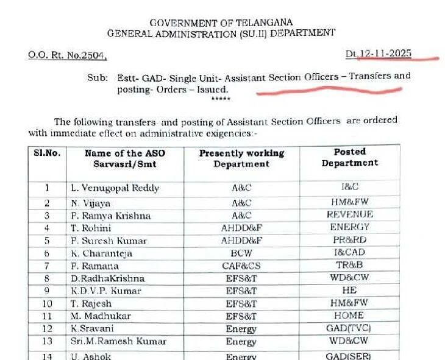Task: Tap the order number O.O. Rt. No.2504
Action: coord(67,55)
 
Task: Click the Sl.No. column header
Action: coord(46,153)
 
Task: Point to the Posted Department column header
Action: coord(350,157)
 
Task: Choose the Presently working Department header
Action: coord(241,158)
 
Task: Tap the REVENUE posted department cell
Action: coord(349,215)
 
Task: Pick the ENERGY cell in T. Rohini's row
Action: coord(349,227)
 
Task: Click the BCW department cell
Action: coord(241,253)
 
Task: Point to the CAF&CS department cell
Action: coord(241,266)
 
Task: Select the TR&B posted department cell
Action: coord(349,266)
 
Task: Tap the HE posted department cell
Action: coord(349,291)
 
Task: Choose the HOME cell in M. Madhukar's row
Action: coord(349,316)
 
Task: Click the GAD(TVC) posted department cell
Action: coord(349,328)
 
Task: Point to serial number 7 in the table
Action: coord(46,266)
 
